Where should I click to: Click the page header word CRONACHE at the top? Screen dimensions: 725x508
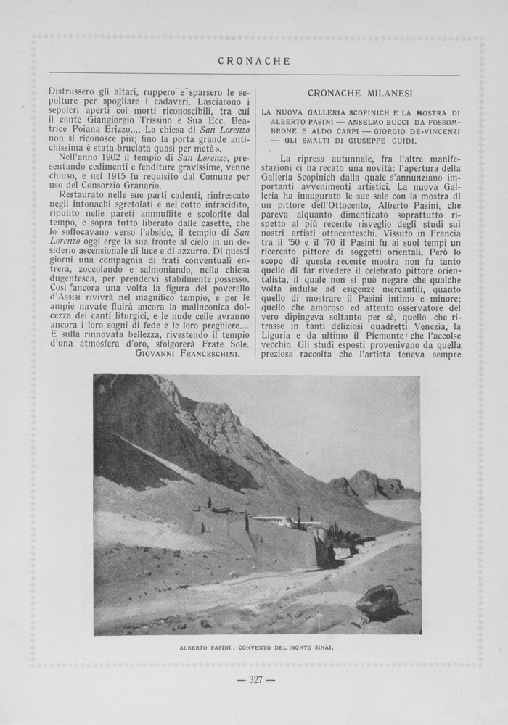coord(254,62)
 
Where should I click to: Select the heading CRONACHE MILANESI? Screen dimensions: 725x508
coord(360,94)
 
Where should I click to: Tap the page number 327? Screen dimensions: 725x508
coord(255,679)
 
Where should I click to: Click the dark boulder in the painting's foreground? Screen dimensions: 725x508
coord(378,601)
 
